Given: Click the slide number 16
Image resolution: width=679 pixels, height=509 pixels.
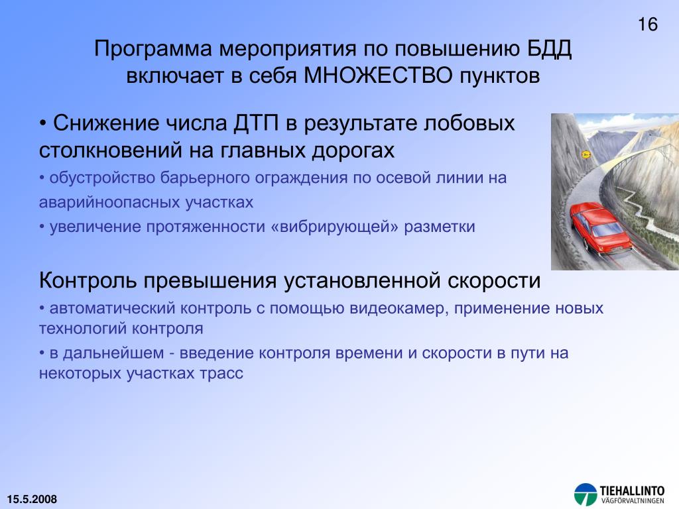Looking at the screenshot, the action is click(648, 25).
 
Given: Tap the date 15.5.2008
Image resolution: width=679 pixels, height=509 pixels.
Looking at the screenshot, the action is click(32, 499).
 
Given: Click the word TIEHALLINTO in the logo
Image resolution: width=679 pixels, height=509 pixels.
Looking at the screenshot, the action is click(632, 491).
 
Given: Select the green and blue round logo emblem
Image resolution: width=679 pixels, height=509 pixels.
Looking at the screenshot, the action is click(586, 494).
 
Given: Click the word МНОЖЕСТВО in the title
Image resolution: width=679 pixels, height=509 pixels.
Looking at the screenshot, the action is click(378, 76).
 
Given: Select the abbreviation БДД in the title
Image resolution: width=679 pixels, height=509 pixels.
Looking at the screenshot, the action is click(549, 49).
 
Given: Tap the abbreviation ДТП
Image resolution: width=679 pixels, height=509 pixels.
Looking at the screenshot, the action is click(256, 123).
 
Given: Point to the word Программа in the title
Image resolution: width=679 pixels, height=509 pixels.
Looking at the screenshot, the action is click(153, 49).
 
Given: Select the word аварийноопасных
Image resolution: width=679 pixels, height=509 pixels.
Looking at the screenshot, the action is click(109, 203).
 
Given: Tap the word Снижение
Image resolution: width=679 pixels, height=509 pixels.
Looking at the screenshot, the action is click(106, 123).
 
